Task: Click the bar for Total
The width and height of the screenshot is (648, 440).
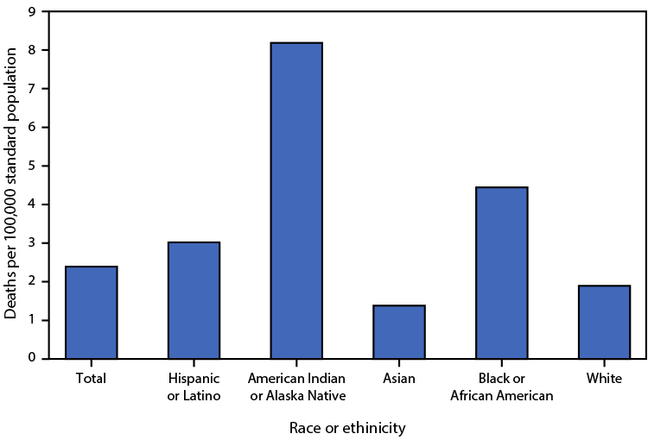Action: (x=91, y=312)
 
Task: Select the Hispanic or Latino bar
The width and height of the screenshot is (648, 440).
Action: (x=194, y=300)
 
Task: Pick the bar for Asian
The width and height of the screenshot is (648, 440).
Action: (x=399, y=331)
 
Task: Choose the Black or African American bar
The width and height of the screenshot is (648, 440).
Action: (x=502, y=273)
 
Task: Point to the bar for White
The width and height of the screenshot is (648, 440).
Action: (x=604, y=322)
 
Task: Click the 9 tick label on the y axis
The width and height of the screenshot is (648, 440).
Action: (x=32, y=12)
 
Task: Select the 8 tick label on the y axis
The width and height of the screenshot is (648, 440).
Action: (x=32, y=51)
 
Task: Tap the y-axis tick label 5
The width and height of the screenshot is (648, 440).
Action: (x=32, y=166)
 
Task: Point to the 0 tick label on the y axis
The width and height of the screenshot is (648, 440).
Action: (x=32, y=358)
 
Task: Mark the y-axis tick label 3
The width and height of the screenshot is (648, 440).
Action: (x=32, y=243)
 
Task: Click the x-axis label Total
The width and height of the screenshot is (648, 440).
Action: (x=91, y=379)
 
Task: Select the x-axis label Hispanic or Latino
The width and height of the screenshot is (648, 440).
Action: (x=194, y=387)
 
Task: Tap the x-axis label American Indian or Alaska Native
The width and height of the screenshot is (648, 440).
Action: (x=296, y=387)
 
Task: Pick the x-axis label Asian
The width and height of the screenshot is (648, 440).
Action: (x=399, y=379)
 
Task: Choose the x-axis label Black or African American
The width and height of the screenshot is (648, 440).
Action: (x=502, y=387)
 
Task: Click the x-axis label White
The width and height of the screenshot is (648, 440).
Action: (x=604, y=379)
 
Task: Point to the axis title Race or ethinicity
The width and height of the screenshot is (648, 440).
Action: (x=347, y=427)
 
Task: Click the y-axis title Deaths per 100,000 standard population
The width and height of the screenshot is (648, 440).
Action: (x=11, y=185)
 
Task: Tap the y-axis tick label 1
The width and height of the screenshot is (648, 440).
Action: (x=32, y=320)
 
